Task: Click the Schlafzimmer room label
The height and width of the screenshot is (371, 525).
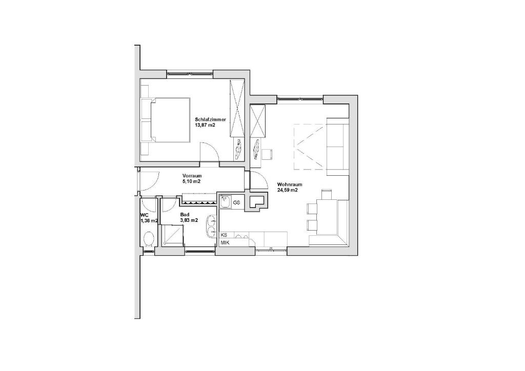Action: (211, 120)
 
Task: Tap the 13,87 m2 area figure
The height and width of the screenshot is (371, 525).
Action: (205, 125)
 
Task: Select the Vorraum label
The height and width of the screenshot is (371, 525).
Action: (192, 176)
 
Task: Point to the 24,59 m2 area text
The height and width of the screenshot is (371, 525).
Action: (288, 190)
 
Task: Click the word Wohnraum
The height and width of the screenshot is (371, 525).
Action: (290, 184)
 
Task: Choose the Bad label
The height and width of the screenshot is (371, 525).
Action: (185, 215)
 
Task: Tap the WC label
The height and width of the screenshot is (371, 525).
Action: (145, 215)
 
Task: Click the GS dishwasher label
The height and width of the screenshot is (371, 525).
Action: (237, 202)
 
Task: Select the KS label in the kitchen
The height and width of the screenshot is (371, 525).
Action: (224, 235)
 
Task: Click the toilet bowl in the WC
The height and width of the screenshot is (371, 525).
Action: (148, 240)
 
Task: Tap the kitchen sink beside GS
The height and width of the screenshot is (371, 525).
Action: (225, 202)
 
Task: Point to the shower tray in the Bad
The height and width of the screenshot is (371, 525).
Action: (172, 235)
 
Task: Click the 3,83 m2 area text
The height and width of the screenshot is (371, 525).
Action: (189, 220)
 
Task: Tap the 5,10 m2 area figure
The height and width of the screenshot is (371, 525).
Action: (191, 181)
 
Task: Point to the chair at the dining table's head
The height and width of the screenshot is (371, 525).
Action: (327, 194)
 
